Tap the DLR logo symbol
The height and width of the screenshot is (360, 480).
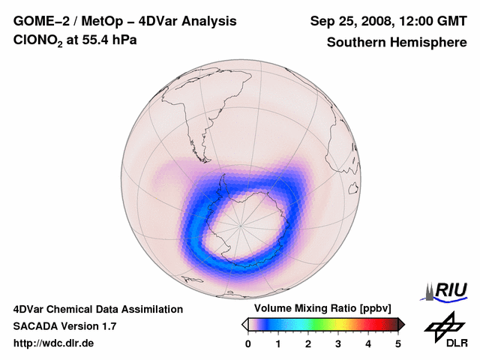[444, 326]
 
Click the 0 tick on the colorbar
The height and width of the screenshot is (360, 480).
[248, 343]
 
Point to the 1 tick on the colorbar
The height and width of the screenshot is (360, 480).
[278, 343]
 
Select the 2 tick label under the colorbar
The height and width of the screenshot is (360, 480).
[308, 343]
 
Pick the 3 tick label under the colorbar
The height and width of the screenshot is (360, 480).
[338, 343]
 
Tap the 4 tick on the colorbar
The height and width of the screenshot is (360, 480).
[368, 343]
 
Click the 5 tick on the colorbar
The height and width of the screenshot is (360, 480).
[398, 343]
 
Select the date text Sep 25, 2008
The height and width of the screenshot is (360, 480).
[347, 21]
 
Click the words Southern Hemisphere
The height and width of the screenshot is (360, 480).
[396, 43]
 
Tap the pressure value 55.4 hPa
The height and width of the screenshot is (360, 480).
[109, 41]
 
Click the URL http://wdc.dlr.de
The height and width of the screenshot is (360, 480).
[54, 343]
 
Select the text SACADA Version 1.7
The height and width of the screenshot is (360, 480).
[64, 326]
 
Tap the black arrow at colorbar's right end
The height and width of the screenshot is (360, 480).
[401, 324]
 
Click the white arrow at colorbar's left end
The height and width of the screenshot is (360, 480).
[244, 324]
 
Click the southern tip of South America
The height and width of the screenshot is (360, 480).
[202, 146]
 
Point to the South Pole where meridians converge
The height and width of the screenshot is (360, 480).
[241, 223]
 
